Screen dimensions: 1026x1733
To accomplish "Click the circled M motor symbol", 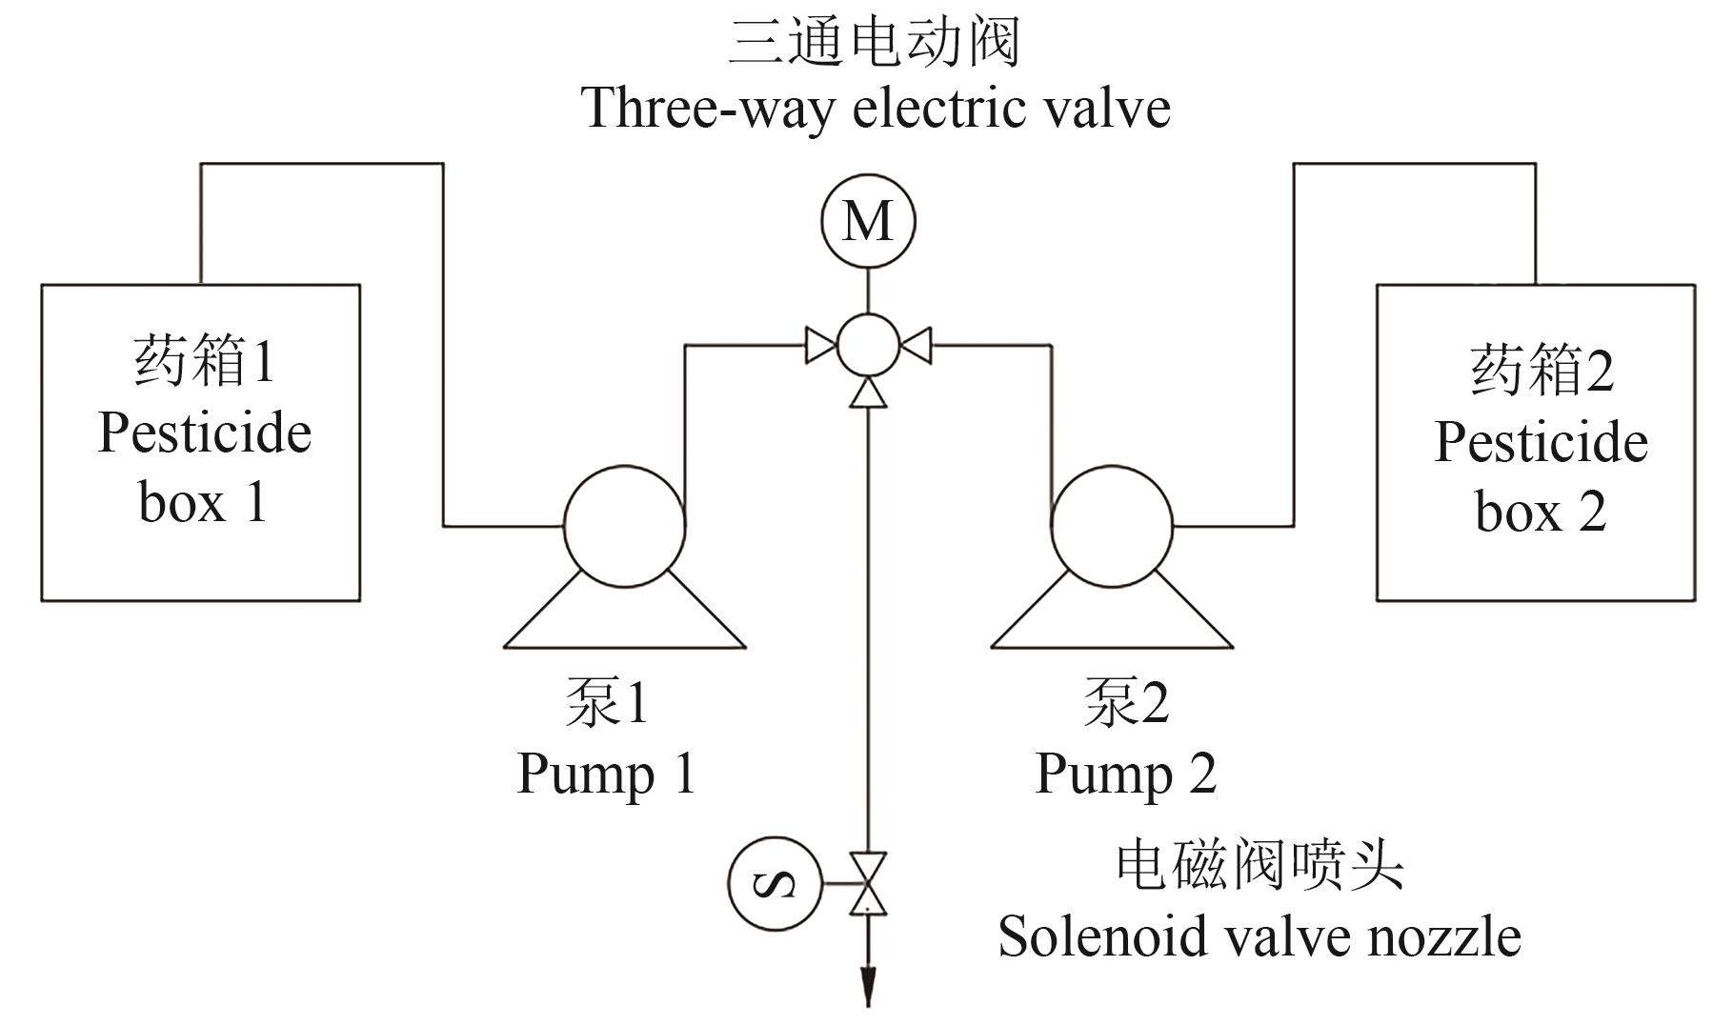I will [868, 221].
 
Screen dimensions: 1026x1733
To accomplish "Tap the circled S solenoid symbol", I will [775, 883].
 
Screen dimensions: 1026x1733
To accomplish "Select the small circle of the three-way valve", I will [868, 345].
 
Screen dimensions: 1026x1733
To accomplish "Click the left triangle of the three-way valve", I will [819, 345].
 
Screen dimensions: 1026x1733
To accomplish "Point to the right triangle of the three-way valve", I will [917, 345].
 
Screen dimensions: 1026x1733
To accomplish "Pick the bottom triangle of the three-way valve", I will [868, 392].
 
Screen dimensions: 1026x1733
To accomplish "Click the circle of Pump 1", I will [624, 526].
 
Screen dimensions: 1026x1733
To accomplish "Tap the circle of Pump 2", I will [1112, 526].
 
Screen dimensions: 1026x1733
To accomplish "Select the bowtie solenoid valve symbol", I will [868, 883].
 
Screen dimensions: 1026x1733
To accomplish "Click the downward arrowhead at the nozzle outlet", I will [868, 987].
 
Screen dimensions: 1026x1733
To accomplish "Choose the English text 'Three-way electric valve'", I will [876, 108].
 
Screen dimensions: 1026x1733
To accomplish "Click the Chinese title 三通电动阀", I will [874, 43].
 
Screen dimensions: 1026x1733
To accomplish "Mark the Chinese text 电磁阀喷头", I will [1259, 867].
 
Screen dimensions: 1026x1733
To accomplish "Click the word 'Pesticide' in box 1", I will [205, 433].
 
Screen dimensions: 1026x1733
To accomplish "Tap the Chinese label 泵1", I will [607, 703].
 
